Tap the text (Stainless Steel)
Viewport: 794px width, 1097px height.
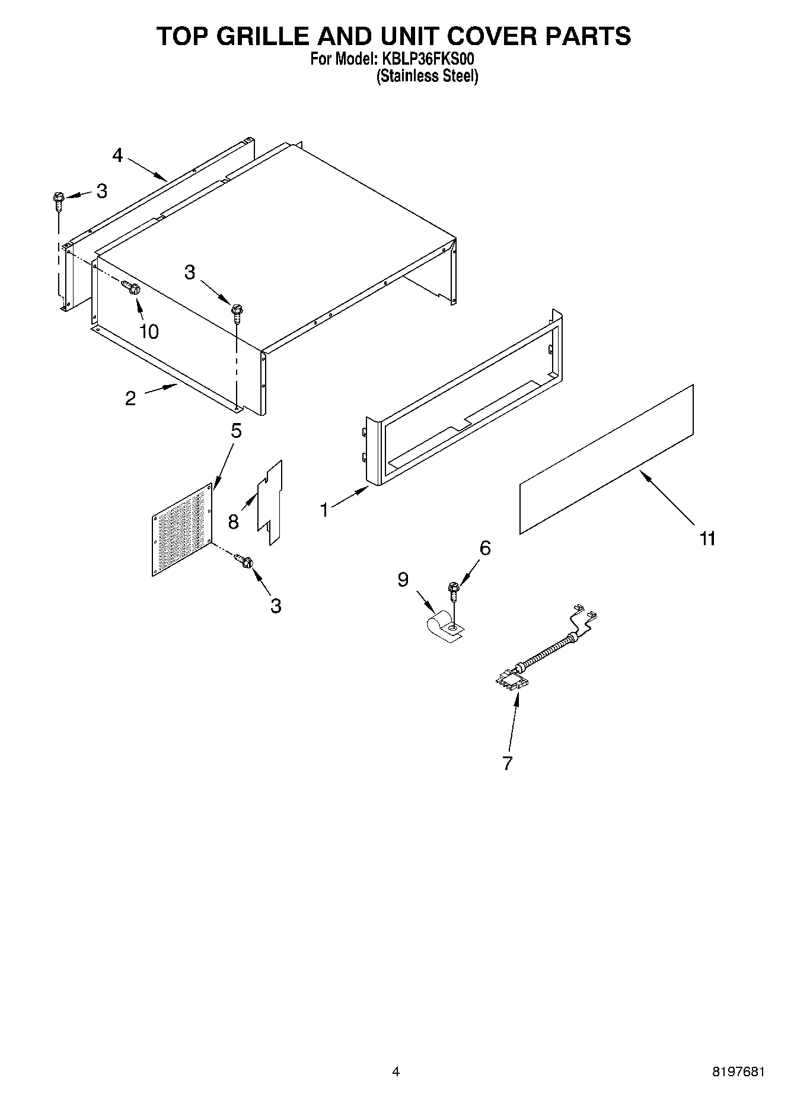(427, 76)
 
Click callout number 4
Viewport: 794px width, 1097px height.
(117, 155)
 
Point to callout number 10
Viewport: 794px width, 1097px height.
(149, 332)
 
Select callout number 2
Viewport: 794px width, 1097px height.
(130, 398)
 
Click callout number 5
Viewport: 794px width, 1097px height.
(236, 431)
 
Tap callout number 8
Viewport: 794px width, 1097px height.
(233, 522)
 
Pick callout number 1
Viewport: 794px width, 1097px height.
(324, 510)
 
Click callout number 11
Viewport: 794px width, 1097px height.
(707, 539)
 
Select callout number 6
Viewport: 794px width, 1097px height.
(485, 548)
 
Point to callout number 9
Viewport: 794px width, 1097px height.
(403, 579)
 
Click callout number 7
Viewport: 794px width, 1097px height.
(507, 763)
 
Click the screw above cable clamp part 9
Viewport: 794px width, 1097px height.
(454, 590)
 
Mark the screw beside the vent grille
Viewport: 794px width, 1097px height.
(244, 560)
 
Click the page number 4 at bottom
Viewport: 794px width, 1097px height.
(396, 1071)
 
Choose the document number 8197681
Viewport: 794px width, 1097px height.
(738, 1071)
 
